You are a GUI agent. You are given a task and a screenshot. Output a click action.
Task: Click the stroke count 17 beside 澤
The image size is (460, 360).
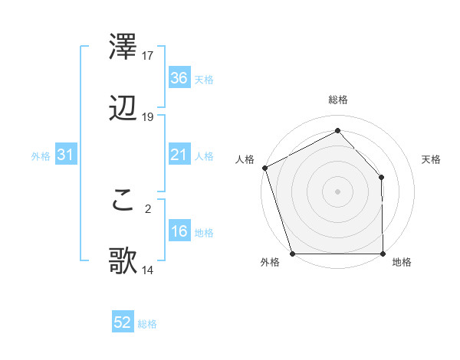pos(148,56)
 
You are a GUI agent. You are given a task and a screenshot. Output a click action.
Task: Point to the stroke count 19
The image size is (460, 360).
pos(148,117)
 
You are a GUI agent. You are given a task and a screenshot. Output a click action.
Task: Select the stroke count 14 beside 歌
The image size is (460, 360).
pos(148,270)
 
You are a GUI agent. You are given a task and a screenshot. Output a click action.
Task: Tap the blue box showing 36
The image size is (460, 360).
pos(179,78)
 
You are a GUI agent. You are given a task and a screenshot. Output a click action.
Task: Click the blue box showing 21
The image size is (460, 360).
pos(179,155)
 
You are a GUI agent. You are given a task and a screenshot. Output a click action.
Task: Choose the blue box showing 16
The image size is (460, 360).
pos(179,231)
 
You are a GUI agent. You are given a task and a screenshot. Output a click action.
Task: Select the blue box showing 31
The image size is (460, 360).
pos(65,155)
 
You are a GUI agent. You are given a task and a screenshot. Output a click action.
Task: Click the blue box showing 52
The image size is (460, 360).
pos(123,323)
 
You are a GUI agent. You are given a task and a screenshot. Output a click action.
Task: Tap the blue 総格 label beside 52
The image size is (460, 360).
pos(147,324)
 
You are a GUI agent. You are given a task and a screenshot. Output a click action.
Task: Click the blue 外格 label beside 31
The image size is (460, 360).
pos(41,155)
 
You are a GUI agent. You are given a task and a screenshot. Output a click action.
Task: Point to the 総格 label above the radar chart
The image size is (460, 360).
pos(337,100)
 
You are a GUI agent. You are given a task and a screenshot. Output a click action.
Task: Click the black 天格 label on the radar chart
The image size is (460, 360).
pos(432,159)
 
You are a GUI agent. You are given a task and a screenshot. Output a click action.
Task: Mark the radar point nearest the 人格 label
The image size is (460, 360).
pos(264,167)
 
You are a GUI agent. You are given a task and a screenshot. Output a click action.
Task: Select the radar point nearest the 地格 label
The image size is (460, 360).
pos(383,254)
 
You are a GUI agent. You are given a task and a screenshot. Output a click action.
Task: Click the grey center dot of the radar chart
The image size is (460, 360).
pos(337,191)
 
